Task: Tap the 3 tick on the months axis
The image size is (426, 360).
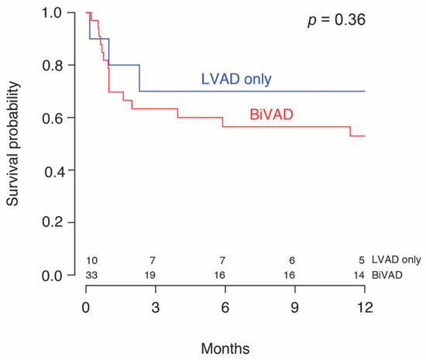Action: pos(155,307)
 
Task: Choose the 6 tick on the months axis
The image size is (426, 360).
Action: pos(225,307)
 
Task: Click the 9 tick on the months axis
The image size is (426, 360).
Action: pos(294,307)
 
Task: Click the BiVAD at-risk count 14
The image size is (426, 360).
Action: pos(359,274)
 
